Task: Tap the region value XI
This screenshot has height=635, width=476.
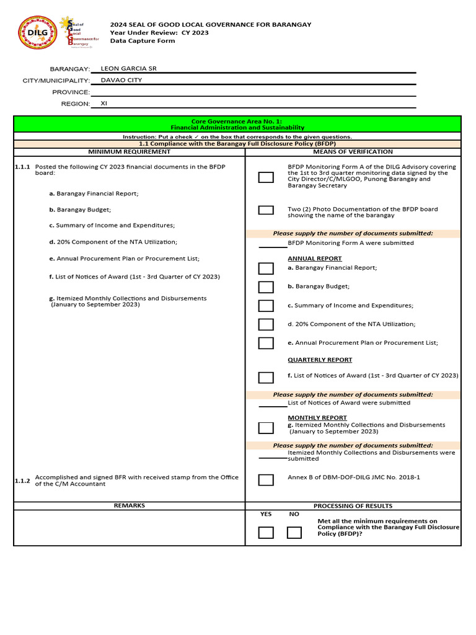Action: [104, 104]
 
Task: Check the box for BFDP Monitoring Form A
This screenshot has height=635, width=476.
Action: [266, 177]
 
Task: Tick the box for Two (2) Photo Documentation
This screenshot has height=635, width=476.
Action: [266, 210]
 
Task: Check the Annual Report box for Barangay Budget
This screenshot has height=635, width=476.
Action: [266, 287]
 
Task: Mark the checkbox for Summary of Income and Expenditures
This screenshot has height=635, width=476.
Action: [266, 306]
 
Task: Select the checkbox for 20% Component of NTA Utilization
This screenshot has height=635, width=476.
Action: [266, 324]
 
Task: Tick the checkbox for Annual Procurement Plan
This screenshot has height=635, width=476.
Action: [266, 343]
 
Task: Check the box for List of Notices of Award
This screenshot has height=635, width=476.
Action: [266, 378]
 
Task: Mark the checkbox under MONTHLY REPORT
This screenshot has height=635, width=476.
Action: [266, 428]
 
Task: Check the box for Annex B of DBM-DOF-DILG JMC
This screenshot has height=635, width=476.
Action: [266, 479]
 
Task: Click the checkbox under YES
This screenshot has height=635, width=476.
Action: [266, 533]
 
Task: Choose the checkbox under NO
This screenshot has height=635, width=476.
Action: [294, 533]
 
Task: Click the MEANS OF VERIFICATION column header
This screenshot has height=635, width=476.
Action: [353, 151]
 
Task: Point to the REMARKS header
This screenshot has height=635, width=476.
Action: [129, 505]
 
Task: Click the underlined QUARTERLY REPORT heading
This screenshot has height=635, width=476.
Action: [320, 360]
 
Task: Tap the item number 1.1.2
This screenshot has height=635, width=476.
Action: [22, 481]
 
